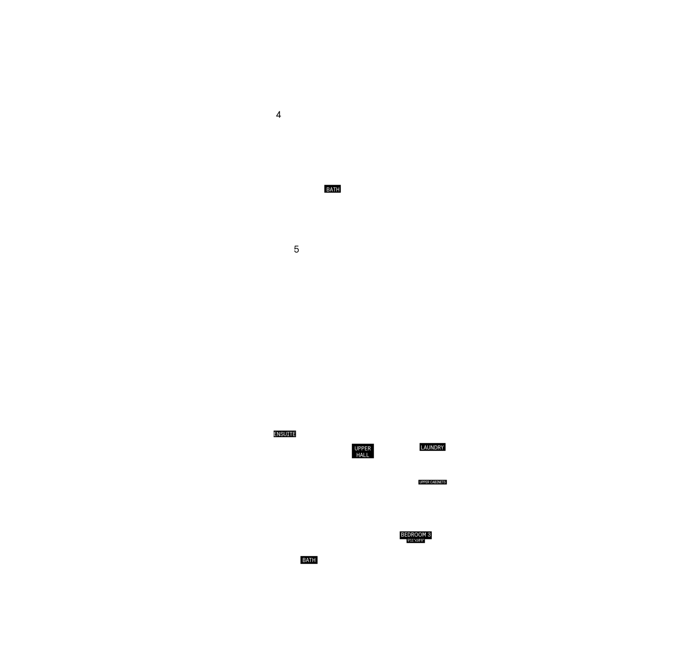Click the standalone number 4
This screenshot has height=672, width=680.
(278, 115)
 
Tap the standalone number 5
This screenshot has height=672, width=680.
(296, 249)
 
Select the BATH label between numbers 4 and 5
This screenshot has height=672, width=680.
(333, 189)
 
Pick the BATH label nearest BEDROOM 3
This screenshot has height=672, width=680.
(309, 560)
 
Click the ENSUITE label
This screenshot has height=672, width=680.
(285, 434)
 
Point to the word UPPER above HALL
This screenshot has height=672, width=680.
(362, 448)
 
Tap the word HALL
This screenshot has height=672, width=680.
(362, 455)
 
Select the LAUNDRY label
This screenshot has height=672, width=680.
(432, 448)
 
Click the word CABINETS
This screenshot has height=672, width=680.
(438, 482)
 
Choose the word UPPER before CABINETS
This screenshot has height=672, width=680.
(424, 482)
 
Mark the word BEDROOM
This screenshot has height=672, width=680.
(413, 535)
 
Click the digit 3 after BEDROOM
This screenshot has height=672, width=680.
(429, 535)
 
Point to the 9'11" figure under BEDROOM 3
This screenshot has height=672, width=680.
(411, 540)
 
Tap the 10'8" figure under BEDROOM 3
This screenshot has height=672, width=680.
(420, 540)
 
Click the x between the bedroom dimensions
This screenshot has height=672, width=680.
(415, 541)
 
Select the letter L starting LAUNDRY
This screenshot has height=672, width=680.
(422, 448)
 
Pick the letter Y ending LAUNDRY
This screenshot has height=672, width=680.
(442, 448)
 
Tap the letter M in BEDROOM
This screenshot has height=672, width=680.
(424, 535)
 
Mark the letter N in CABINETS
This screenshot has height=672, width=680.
(439, 482)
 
